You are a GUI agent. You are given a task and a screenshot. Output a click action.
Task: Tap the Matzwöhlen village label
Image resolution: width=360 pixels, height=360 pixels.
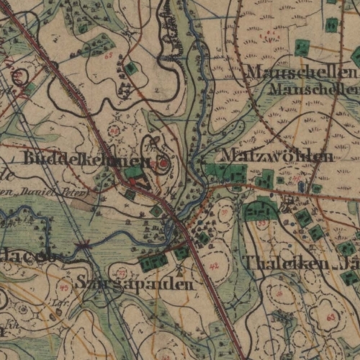coord(277,156)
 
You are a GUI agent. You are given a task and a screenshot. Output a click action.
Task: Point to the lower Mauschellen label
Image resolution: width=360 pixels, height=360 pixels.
coord(314,89)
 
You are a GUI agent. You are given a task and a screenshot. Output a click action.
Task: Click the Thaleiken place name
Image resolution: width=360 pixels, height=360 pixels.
coord(278,263)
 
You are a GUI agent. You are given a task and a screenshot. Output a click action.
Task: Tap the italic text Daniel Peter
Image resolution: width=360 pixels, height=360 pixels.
coord(61,194)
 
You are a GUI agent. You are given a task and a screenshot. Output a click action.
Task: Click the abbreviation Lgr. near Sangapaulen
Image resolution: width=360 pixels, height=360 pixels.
coord(56,315)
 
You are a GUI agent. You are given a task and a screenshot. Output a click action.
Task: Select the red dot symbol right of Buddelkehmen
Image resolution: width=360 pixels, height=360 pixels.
coord(163,164)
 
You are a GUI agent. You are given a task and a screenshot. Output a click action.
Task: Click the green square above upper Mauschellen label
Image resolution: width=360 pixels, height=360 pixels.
coord(302,48)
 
